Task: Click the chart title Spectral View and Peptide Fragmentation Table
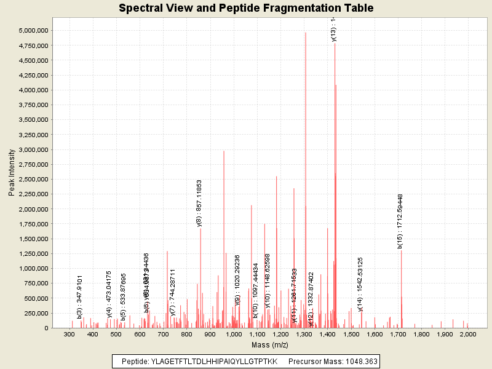[x=246, y=8]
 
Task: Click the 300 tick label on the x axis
[x=69, y=334]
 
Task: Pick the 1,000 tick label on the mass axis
[x=233, y=334]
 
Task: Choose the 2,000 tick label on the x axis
[x=467, y=334]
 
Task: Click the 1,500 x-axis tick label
[x=351, y=334]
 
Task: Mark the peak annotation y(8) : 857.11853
[x=199, y=203]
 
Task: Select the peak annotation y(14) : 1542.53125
[x=360, y=284]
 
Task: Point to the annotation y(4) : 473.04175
[x=109, y=294]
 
